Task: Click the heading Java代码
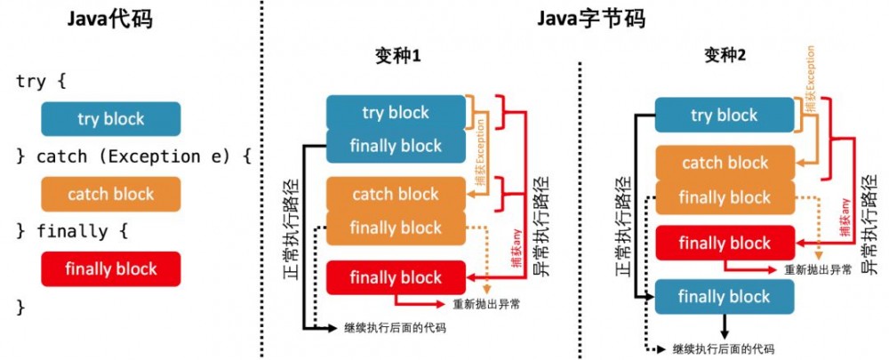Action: click(x=110, y=19)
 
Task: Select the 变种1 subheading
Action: click(x=396, y=58)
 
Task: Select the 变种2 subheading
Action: click(x=725, y=58)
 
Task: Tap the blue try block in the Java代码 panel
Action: click(x=110, y=118)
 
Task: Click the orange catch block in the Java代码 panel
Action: click(x=110, y=194)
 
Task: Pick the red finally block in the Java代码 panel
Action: click(x=110, y=268)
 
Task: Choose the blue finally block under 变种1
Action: click(x=396, y=146)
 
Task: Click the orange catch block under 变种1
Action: click(x=396, y=194)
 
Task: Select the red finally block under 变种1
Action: click(x=396, y=277)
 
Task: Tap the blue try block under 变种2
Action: click(x=724, y=115)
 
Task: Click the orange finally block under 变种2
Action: click(x=725, y=196)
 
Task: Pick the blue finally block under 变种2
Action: click(x=725, y=296)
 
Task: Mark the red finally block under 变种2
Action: click(x=725, y=243)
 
